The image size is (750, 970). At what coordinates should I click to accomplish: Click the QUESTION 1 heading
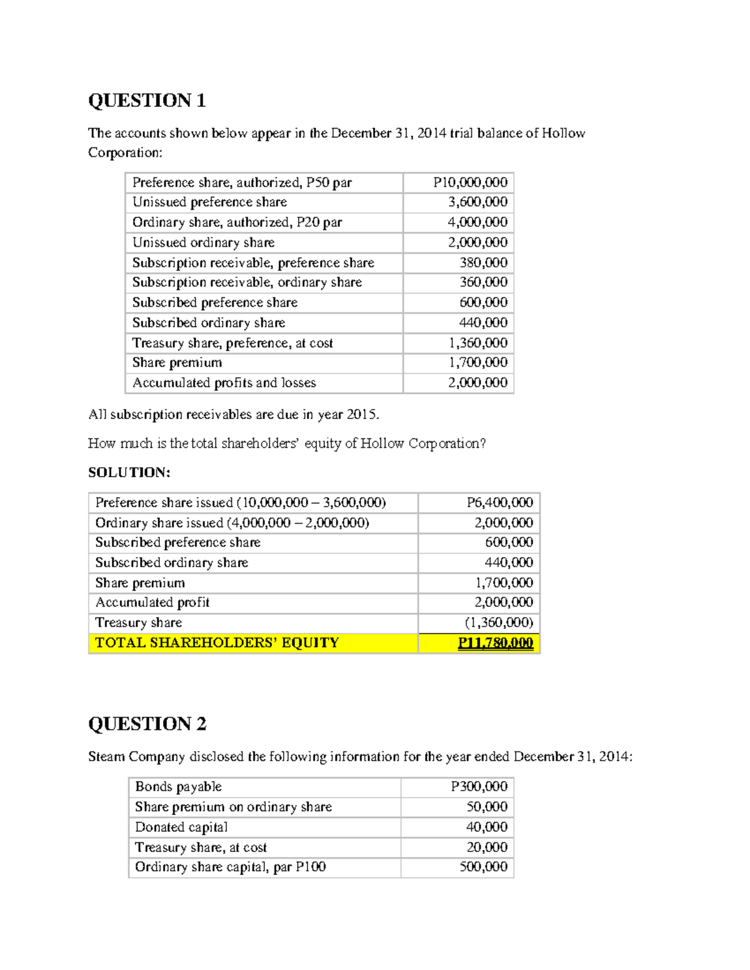pos(147,101)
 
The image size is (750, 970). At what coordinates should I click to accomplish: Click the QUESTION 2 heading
pos(147,724)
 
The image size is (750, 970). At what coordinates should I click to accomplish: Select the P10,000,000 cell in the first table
pos(470,182)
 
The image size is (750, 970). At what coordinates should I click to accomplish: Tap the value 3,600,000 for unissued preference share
pos(477,202)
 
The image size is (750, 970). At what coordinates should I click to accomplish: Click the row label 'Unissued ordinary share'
pos(203,242)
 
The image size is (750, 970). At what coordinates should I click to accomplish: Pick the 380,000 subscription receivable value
pos(483,262)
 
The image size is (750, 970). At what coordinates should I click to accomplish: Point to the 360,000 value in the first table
pos(483,282)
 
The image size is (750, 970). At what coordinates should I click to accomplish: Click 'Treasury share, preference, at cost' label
pos(232,343)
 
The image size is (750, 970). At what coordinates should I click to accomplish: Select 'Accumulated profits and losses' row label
pos(224,383)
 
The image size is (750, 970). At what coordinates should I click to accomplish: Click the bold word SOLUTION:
pos(129,472)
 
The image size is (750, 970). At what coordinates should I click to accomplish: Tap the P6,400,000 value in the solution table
pos(499,503)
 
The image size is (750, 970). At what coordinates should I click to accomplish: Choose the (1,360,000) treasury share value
pos(499,623)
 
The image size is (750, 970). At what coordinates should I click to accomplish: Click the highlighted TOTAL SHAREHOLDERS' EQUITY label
pos(216,643)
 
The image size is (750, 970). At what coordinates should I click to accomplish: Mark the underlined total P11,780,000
pos(495,643)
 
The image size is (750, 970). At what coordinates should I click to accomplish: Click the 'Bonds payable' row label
pos(178,787)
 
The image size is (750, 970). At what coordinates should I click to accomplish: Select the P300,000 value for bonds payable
pos(479,787)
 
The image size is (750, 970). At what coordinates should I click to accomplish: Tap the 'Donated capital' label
pos(181,827)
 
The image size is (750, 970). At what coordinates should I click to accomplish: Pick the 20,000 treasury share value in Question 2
pos(487,848)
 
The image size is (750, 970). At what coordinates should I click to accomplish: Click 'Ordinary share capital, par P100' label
pos(230,867)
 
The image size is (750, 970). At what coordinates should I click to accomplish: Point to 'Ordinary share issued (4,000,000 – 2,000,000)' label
pos(232,523)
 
